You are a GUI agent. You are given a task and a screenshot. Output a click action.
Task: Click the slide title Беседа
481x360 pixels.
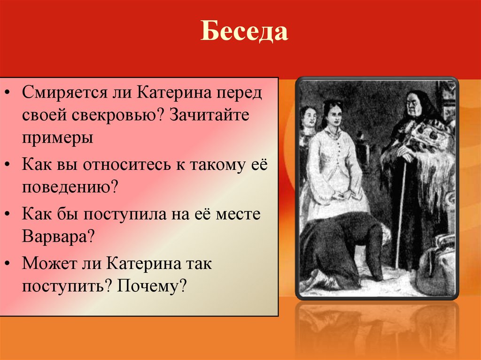coord(244,32)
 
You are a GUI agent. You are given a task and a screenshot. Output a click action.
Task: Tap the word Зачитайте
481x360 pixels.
coord(209,115)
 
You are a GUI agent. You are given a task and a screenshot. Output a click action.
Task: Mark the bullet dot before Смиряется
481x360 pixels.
coord(10,92)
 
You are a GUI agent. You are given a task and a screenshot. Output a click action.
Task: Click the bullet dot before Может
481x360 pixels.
coord(10,264)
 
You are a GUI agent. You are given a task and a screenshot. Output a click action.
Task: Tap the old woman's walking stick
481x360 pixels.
coord(401,211)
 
